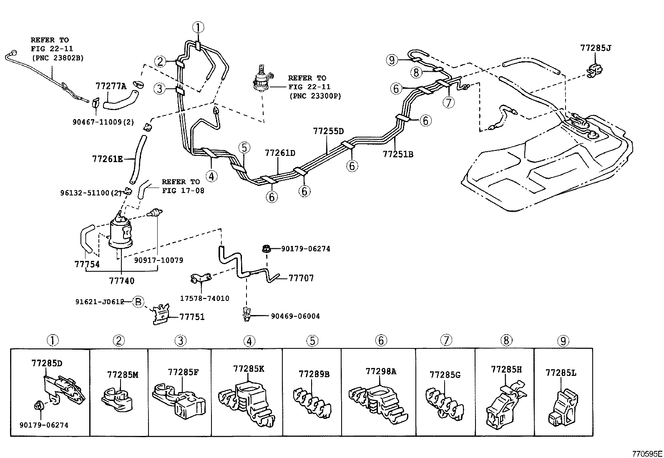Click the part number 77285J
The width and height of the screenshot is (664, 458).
595,48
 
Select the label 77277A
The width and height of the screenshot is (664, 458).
111,86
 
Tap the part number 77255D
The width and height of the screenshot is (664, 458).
328,131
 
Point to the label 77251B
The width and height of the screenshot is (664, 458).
398,154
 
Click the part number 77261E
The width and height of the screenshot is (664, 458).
107,159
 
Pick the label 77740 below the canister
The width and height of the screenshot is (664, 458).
122,281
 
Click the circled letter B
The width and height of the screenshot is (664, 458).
138,302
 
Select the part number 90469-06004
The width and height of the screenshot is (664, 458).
295,316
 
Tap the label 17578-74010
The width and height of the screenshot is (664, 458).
204,298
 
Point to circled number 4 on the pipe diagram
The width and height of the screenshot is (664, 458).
211,176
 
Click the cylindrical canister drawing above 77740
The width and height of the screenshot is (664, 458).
120,233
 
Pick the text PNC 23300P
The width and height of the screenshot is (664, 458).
315,96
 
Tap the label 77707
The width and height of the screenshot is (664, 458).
301,278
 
